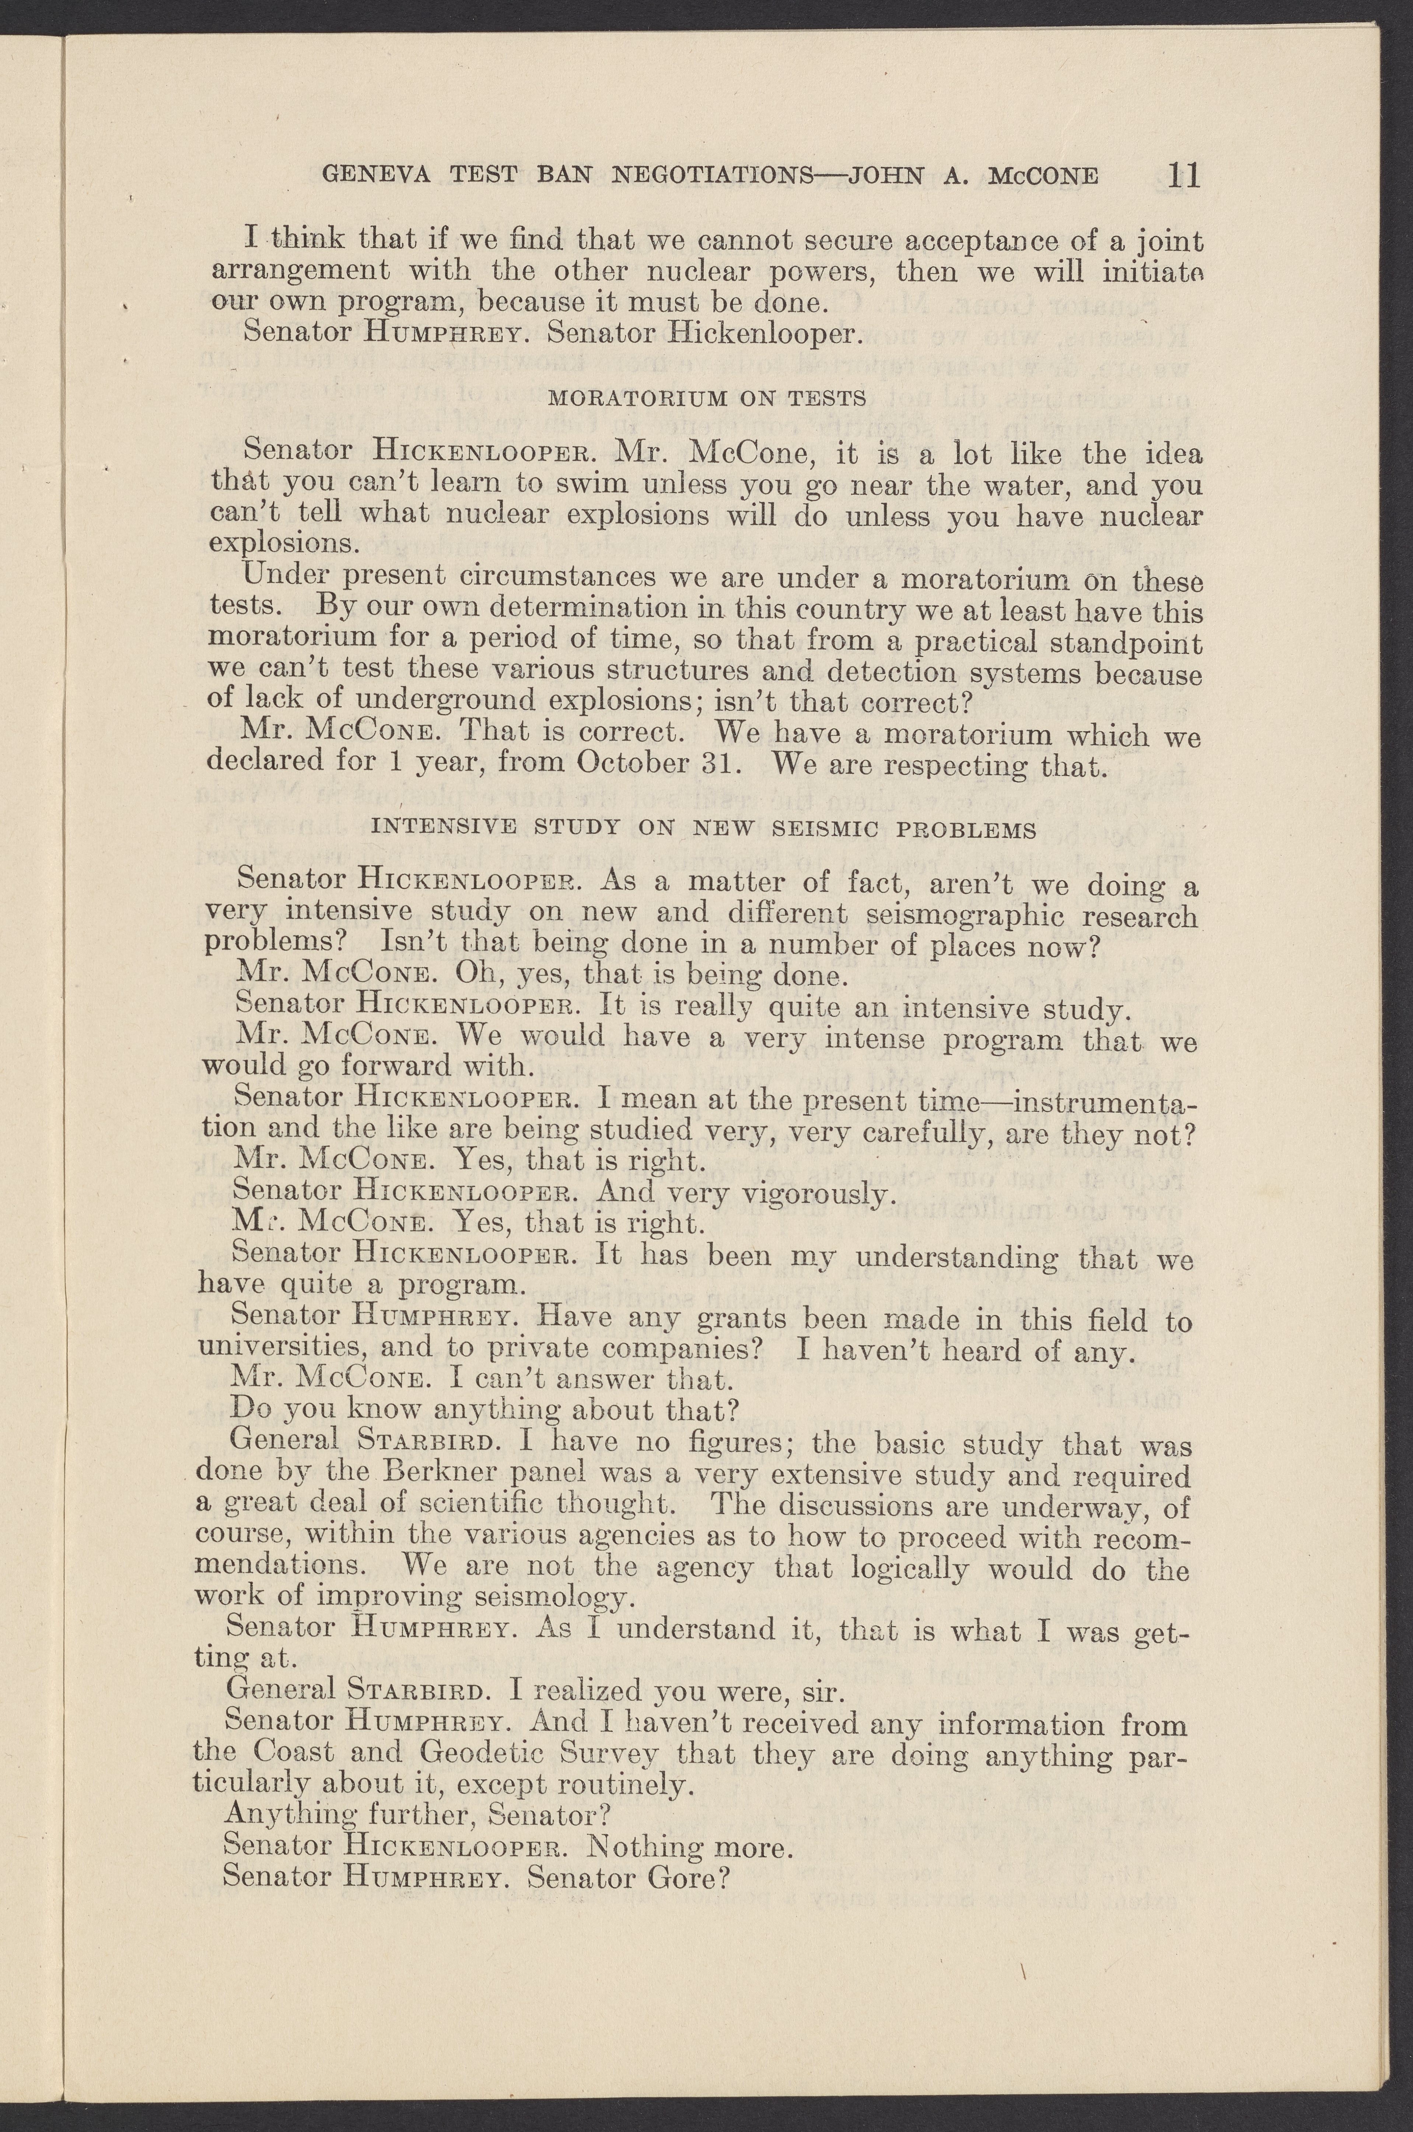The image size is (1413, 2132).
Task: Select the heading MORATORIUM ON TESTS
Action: coord(707,397)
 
